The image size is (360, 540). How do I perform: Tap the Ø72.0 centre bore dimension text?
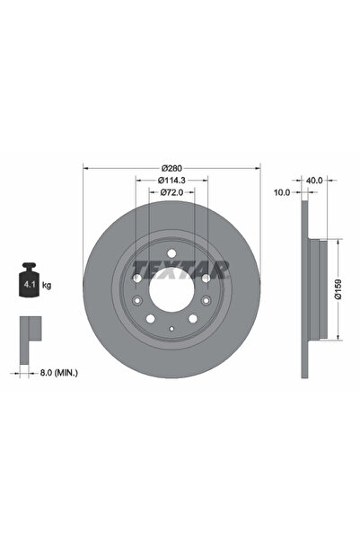click(172, 192)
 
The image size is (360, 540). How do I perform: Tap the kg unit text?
click(46, 284)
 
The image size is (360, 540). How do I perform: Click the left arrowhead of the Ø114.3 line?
click(138, 180)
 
